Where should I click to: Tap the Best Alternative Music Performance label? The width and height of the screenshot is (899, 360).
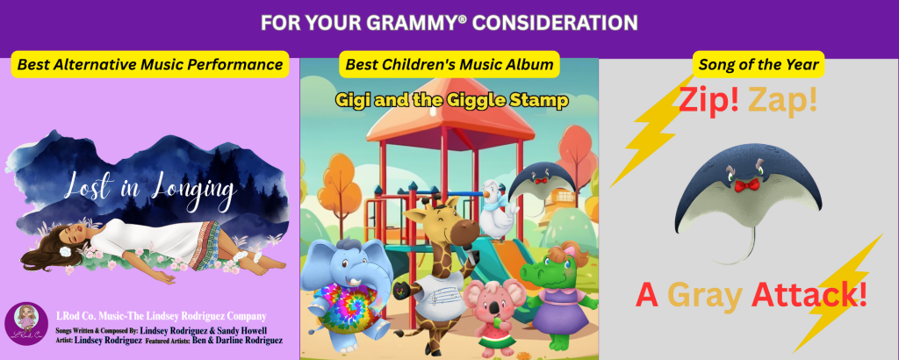(x=149, y=64)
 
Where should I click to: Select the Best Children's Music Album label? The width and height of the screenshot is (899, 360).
(x=449, y=64)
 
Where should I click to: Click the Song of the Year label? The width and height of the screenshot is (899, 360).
(x=758, y=64)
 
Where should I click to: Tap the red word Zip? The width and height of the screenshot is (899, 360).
(x=708, y=102)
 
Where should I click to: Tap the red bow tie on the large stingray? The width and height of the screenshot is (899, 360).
(x=746, y=185)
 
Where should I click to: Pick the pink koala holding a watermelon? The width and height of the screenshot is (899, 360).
(x=493, y=313)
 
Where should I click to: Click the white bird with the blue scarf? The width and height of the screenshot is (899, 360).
(x=497, y=209)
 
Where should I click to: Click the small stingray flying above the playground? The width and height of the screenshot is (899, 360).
(x=541, y=183)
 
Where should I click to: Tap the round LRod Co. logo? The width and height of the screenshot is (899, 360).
(x=25, y=324)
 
